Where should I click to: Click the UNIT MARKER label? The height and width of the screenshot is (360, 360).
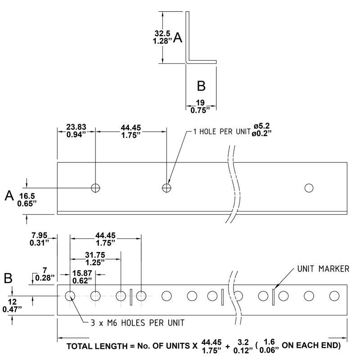(x=323, y=269)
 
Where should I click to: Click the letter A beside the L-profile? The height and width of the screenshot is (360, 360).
(x=178, y=39)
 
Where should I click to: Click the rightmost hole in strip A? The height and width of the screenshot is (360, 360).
(x=309, y=188)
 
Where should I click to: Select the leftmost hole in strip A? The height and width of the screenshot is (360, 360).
(x=95, y=188)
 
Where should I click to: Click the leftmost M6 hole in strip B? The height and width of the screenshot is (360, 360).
(x=70, y=296)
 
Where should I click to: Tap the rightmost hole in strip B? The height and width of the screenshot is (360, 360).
(x=334, y=296)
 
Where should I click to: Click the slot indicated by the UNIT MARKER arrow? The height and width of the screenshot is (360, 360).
(x=273, y=296)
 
